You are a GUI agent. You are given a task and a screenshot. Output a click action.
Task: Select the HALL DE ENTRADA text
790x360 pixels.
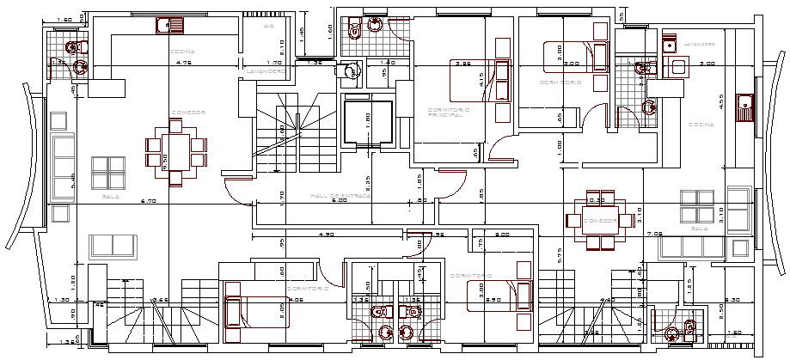[341, 197]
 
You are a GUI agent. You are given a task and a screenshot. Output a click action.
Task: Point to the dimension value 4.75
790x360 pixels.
[183, 63]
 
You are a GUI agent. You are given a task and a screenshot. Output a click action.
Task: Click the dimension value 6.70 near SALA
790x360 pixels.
[147, 202]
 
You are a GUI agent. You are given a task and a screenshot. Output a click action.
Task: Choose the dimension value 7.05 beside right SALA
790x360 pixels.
[655, 233]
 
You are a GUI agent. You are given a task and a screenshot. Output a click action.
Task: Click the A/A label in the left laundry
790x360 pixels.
[267, 27]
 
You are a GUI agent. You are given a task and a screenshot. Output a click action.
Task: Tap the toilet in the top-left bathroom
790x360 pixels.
[76, 46]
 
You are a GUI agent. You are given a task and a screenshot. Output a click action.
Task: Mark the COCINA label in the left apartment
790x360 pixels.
[183, 52]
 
